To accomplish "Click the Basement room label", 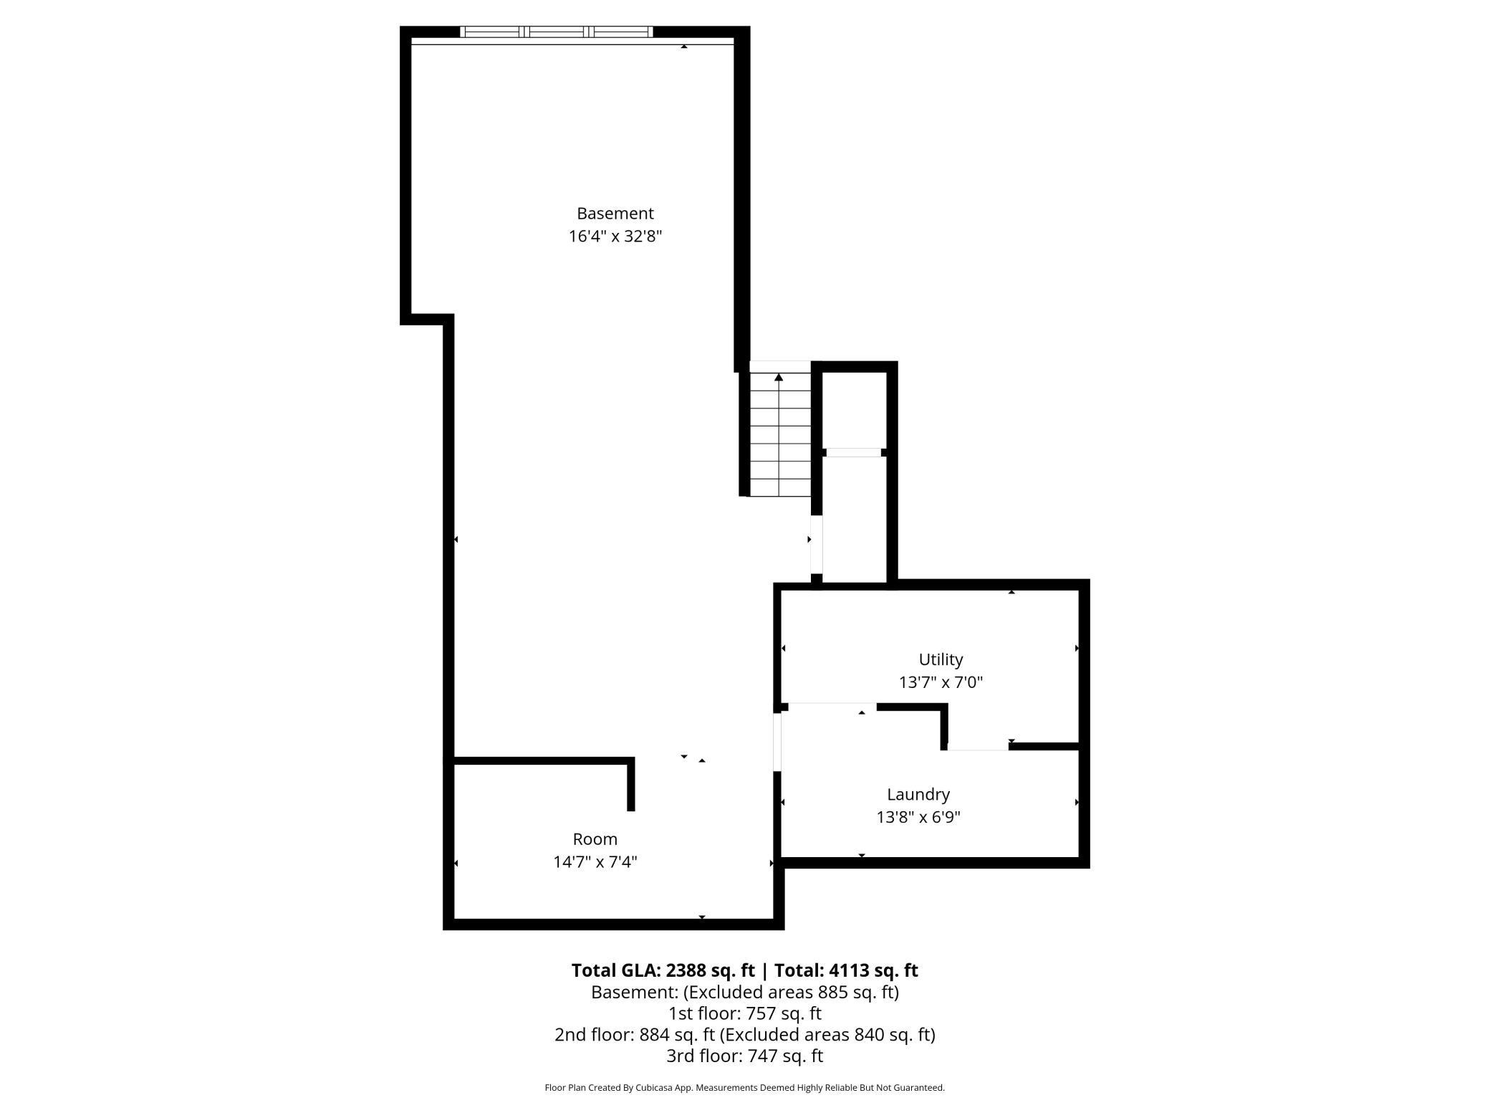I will tap(615, 214).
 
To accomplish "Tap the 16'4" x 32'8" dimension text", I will tap(615, 236).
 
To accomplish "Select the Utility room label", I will tap(941, 659).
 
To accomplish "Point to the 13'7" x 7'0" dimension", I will tap(941, 682).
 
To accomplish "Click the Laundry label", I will tap(918, 794).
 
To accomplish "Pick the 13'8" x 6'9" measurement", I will tap(918, 817).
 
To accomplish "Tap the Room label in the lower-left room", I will tap(595, 839).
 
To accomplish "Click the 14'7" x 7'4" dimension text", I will tap(595, 862).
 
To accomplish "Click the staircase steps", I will tap(779, 437).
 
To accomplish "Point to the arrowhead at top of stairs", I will tap(779, 377).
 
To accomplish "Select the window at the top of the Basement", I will tap(556, 32).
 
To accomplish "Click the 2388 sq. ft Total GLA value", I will tap(710, 970).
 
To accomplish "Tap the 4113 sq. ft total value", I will tap(873, 970).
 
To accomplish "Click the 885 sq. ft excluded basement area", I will tap(855, 993).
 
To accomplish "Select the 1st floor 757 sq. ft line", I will tap(744, 1013).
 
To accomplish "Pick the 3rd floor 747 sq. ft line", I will tap(744, 1056).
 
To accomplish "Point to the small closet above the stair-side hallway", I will tap(854, 411).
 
